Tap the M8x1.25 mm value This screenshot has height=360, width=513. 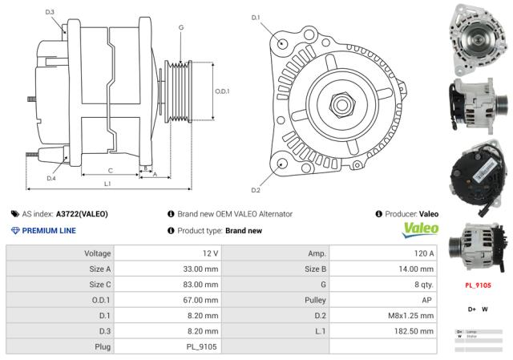[411, 315]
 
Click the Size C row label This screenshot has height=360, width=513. [99, 284]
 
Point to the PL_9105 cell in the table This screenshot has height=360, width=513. [201, 346]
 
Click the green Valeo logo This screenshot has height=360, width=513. [420, 229]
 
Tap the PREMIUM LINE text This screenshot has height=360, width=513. [48, 231]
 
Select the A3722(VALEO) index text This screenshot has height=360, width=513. [82, 214]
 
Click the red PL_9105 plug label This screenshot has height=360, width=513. [478, 285]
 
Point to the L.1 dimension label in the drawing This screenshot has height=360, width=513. [107, 184]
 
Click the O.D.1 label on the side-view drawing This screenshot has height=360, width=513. [222, 91]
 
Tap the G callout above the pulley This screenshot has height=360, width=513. [181, 28]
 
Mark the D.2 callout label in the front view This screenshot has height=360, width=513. [256, 190]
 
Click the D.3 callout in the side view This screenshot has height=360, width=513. [50, 12]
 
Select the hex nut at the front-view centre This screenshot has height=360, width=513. [341, 104]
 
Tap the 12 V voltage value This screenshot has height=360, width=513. [210, 253]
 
